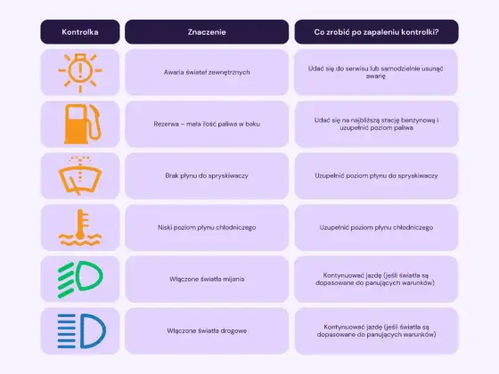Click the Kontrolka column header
pyautogui.click(x=80, y=32)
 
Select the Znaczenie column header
pyautogui.click(x=207, y=32)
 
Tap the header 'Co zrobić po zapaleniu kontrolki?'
pyautogui.click(x=376, y=32)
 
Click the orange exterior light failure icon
pyautogui.click(x=80, y=72)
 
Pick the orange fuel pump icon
pyautogui.click(x=82, y=124)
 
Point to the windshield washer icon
pyautogui.click(x=80, y=175)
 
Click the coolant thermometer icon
pyautogui.click(x=80, y=227)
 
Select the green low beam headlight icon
pyautogui.click(x=80, y=280)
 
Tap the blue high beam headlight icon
pyautogui.click(x=81, y=330)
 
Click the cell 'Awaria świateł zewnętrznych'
pyautogui.click(x=207, y=72)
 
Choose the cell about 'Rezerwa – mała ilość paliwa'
pyautogui.click(x=207, y=124)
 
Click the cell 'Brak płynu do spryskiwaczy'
pyautogui.click(x=207, y=175)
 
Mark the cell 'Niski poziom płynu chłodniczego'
pyautogui.click(x=207, y=227)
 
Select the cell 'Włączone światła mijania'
pyautogui.click(x=207, y=280)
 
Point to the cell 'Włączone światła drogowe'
pyautogui.click(x=207, y=330)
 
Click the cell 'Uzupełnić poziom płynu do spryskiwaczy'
pyautogui.click(x=376, y=175)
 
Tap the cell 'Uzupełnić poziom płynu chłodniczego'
pyautogui.click(x=376, y=227)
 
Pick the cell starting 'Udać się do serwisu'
pyautogui.click(x=376, y=72)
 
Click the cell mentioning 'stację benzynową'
pyautogui.click(x=376, y=124)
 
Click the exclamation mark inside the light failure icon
pyautogui.click(x=80, y=71)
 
